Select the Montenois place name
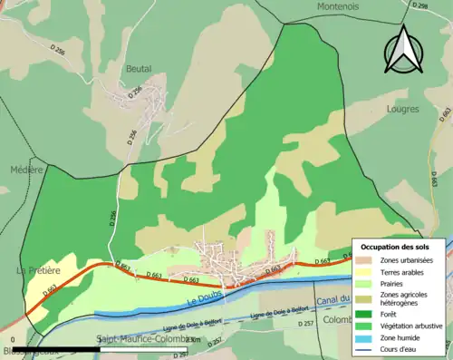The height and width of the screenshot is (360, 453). tap(338, 6)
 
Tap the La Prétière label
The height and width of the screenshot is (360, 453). tap(38, 269)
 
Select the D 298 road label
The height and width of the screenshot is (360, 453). tap(419, 6)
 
